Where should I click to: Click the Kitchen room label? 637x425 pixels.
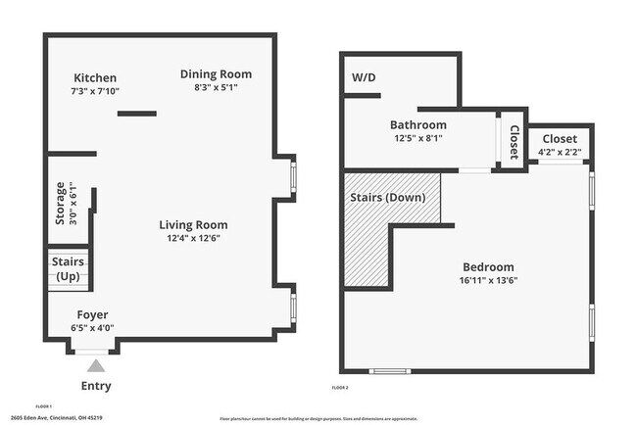pyautogui.click(x=95, y=78)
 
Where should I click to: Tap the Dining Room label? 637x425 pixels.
pyautogui.click(x=216, y=73)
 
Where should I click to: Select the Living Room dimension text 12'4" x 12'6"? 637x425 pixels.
pyautogui.click(x=193, y=238)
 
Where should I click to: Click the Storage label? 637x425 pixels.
pyautogui.click(x=60, y=203)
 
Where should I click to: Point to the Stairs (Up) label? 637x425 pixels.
pyautogui.click(x=68, y=269)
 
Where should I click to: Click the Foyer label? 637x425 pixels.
pyautogui.click(x=93, y=314)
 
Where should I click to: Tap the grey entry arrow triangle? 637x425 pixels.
pyautogui.click(x=95, y=364)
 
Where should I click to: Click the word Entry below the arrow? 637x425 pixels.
pyautogui.click(x=95, y=386)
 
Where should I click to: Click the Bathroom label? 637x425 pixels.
pyautogui.click(x=417, y=125)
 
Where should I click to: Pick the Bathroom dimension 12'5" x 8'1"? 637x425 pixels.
pyautogui.click(x=417, y=138)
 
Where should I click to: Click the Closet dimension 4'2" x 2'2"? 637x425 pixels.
pyautogui.click(x=560, y=152)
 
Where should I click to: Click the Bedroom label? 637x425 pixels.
pyautogui.click(x=487, y=267)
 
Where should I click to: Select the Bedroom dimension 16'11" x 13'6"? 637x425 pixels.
pyautogui.click(x=487, y=280)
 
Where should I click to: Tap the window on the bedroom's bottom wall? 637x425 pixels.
pyautogui.click(x=389, y=371)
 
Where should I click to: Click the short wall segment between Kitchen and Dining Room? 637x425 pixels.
pyautogui.click(x=136, y=114)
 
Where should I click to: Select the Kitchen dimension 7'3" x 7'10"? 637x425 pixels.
pyautogui.click(x=95, y=91)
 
